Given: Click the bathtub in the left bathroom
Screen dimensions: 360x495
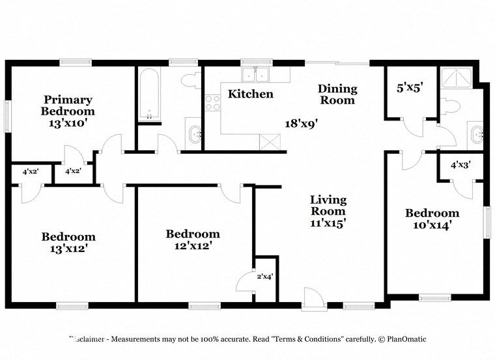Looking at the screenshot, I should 149,94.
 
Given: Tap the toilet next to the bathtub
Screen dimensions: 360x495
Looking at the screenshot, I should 190,81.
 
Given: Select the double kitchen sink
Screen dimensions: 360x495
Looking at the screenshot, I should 257,75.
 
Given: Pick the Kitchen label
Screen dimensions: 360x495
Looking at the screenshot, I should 250,94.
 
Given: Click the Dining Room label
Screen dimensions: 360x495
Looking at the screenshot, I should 337,94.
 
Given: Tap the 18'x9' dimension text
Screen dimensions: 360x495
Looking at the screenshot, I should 302,122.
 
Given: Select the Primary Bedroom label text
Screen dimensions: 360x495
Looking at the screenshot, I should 68,105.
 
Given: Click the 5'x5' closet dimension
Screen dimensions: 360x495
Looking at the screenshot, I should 410,88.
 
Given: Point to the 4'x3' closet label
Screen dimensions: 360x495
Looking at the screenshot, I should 460,165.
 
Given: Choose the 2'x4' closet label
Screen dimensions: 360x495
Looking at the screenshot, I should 264,277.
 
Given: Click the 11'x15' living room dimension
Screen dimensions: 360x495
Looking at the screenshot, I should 328,223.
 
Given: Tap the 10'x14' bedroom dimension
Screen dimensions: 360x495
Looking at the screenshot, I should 432,225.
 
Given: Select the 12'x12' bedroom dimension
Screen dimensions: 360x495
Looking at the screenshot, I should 192,246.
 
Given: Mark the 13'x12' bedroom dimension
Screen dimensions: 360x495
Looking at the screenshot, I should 68,249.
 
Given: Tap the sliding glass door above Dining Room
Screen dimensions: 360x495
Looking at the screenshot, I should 337,63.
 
